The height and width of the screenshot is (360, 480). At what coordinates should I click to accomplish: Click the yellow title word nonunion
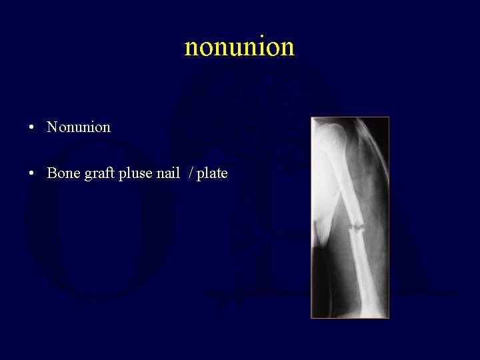click(239, 47)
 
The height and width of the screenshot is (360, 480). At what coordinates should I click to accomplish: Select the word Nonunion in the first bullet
click(79, 127)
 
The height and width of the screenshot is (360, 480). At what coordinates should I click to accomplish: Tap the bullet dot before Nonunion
click(32, 127)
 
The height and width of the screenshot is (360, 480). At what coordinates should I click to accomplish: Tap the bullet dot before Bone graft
click(32, 174)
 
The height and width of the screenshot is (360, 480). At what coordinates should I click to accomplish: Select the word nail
click(169, 173)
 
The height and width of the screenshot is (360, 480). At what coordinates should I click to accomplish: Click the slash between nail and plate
click(191, 173)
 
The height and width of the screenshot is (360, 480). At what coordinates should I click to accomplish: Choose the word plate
click(212, 173)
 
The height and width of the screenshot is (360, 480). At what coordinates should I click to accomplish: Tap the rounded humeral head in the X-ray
click(328, 137)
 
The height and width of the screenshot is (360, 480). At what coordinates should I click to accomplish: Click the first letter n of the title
click(191, 47)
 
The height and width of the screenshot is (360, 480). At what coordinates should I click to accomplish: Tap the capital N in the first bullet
click(52, 127)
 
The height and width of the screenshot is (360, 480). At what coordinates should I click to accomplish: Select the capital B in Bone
click(51, 173)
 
